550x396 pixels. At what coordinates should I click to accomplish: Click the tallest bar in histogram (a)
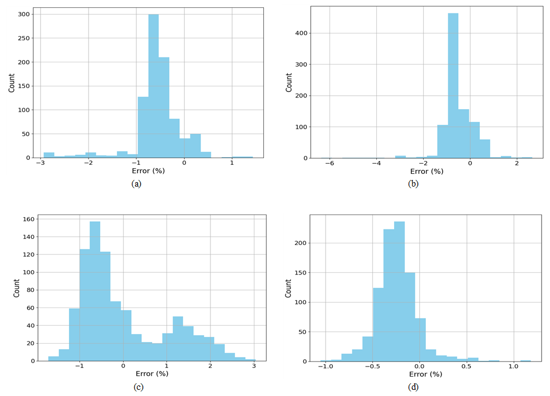tap(154, 86)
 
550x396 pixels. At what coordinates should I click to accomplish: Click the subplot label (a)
tap(136, 183)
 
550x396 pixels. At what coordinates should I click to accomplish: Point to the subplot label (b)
tap(412, 183)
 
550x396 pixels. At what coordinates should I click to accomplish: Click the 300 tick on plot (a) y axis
tap(26, 14)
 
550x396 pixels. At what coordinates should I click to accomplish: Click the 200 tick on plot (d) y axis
tap(300, 243)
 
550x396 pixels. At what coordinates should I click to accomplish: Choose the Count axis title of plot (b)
tap(288, 82)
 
